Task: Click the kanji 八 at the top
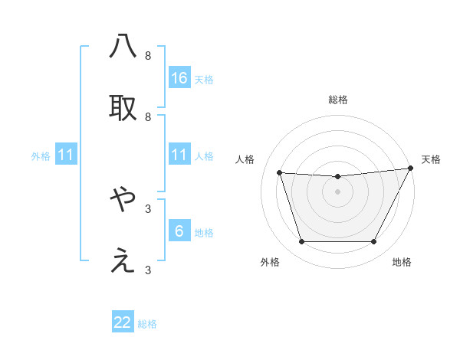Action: [123, 47]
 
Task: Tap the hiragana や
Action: [123, 200]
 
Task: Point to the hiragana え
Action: [123, 261]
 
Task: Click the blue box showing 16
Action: [179, 77]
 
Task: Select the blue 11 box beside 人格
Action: [179, 155]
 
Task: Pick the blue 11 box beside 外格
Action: [66, 155]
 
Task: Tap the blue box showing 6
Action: [179, 231]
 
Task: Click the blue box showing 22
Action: [123, 322]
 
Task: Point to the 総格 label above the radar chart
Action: [338, 100]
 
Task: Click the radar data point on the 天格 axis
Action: [411, 169]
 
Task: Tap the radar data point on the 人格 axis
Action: [280, 173]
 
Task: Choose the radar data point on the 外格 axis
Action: [301, 242]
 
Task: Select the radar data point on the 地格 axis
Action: [374, 242]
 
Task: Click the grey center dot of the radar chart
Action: [338, 191]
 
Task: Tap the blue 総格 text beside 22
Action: [147, 324]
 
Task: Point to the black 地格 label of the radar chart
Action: [402, 262]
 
